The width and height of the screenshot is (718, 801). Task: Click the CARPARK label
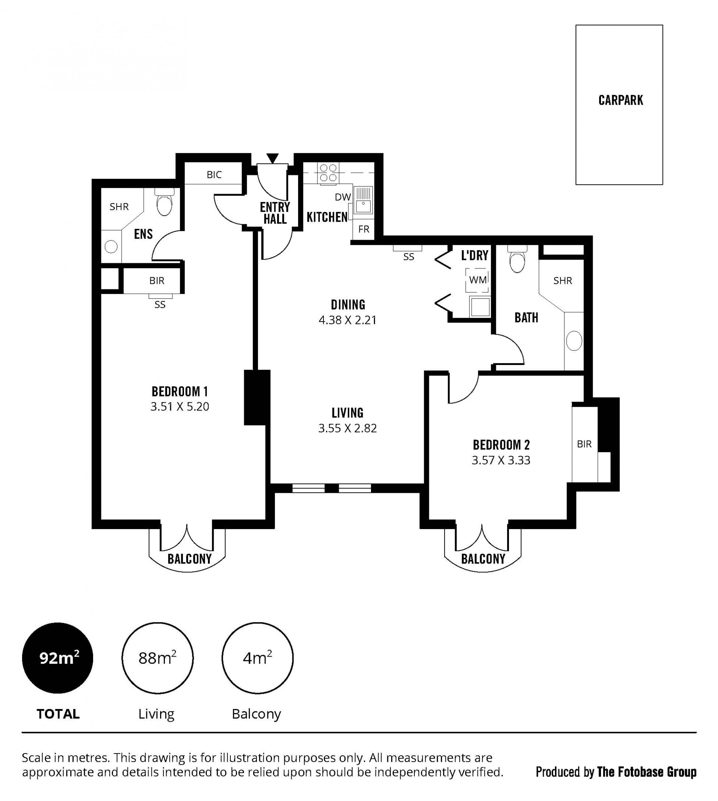point(620,100)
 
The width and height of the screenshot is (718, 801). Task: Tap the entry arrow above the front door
point(272,158)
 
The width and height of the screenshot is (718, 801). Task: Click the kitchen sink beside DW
point(363,200)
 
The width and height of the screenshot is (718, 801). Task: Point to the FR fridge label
point(364,229)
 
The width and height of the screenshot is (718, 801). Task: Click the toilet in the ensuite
point(164,202)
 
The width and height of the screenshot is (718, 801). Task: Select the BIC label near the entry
point(214,175)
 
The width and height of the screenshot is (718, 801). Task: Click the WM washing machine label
point(478,280)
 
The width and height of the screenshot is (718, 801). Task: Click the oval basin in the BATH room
point(574,341)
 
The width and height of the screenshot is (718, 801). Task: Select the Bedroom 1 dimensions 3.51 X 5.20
point(179,406)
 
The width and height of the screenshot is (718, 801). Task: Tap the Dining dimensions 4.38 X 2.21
point(347,320)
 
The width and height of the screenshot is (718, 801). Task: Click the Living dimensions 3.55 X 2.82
point(347,428)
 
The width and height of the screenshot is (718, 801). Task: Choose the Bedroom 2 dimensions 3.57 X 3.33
point(501,460)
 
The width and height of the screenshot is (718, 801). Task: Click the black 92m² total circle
point(58,658)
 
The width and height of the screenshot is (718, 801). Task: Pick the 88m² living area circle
point(157,658)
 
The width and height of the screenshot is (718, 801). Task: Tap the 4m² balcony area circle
point(257,658)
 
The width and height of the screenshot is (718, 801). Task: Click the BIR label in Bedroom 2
point(584,444)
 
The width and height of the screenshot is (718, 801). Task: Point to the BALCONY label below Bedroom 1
point(190,559)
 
